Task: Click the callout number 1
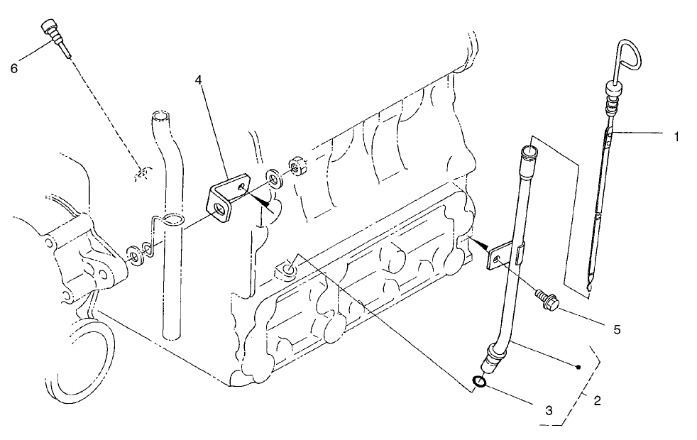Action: click(x=676, y=136)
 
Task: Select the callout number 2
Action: click(x=597, y=400)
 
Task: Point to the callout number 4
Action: click(x=199, y=81)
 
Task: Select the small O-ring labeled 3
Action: click(x=479, y=383)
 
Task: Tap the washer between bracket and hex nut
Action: click(x=273, y=178)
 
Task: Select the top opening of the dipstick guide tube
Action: click(x=528, y=151)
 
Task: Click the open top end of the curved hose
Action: click(x=162, y=115)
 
